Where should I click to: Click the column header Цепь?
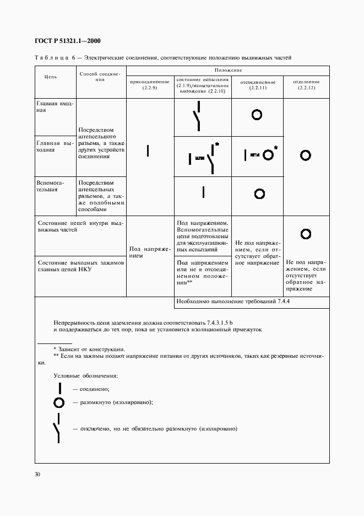pos(51,77)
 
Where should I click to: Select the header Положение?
pos(228,70)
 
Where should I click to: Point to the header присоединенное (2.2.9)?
pos(150,85)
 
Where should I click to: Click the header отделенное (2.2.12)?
pos(305,85)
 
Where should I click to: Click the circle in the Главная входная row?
pos(257,115)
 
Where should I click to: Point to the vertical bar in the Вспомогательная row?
pos(203,192)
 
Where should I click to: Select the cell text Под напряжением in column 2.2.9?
pos(150,252)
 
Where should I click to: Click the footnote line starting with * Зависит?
pos(89,350)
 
